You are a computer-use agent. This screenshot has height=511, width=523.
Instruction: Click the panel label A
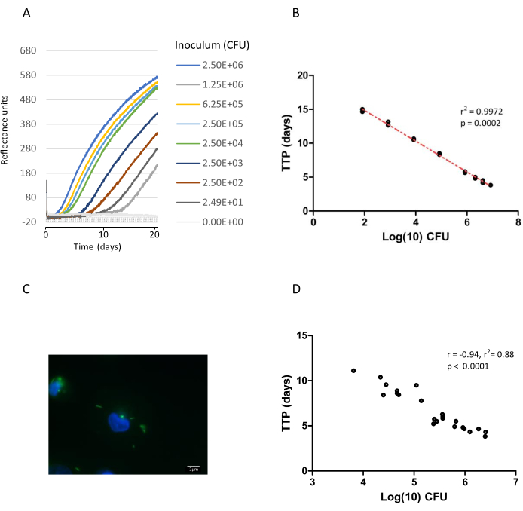[x=28, y=13]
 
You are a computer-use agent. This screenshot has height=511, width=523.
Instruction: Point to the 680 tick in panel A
[x=28, y=50]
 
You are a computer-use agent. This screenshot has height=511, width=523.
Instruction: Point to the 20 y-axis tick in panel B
[x=301, y=75]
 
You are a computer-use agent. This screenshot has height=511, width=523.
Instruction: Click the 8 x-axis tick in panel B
[x=517, y=224]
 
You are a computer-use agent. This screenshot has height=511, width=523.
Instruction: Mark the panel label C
[x=28, y=289]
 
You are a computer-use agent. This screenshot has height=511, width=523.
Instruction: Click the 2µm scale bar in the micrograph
[x=194, y=468]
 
